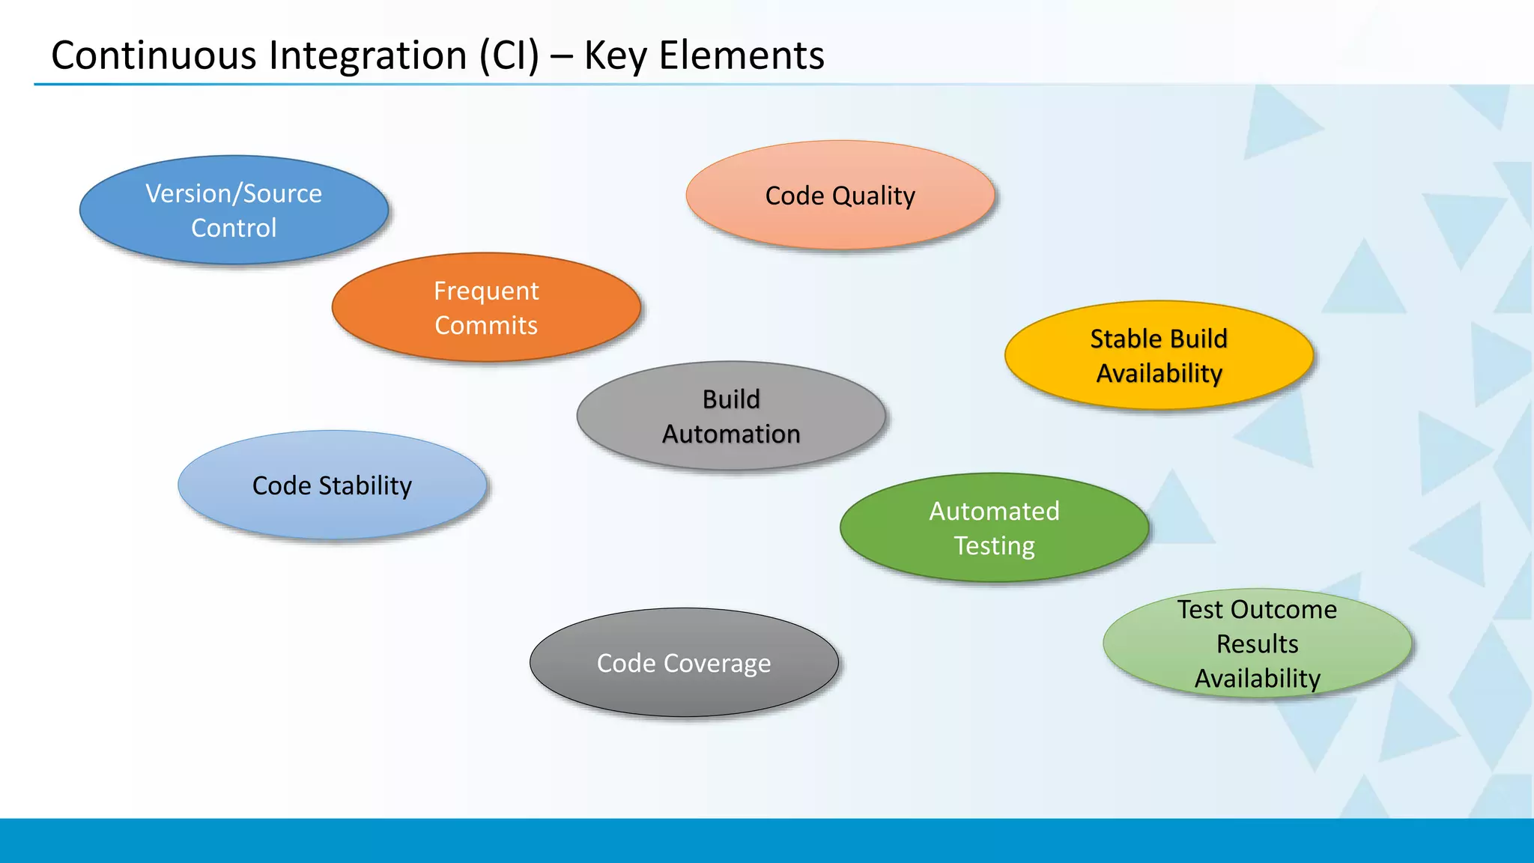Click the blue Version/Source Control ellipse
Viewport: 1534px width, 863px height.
234,211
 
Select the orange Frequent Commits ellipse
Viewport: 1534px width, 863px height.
486,308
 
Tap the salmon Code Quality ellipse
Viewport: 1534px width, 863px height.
840,196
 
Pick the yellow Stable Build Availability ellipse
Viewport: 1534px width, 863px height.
1159,356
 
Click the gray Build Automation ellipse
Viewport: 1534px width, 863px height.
731,417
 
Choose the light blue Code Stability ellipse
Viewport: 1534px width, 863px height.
332,485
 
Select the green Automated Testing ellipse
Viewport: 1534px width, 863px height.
994,528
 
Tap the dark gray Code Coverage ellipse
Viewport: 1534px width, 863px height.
684,663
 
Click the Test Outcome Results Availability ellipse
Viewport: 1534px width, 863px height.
1257,644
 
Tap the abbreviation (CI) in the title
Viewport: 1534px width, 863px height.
509,56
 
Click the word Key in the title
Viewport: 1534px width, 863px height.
615,56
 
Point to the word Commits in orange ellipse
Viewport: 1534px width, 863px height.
486,326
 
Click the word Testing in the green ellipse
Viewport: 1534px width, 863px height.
994,546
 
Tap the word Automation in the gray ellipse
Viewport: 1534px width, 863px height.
731,434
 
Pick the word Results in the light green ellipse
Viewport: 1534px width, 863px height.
1257,644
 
